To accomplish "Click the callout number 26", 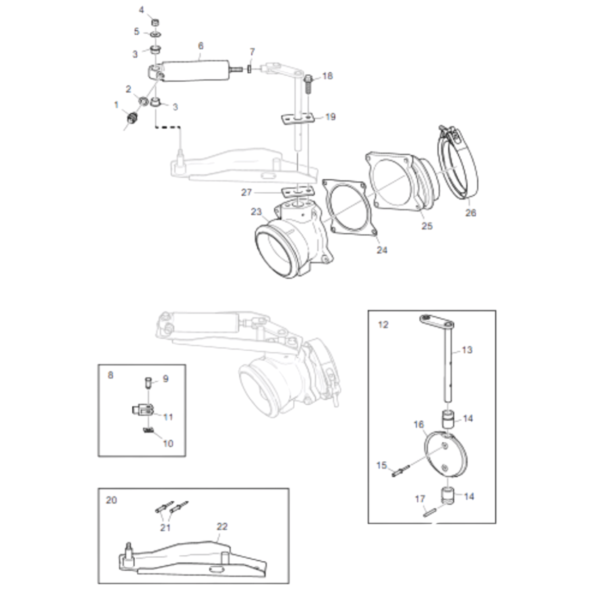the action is click(x=471, y=213).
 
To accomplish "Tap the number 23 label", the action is click(x=256, y=212).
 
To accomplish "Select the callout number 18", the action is click(x=327, y=76).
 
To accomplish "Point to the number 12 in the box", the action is click(x=383, y=325).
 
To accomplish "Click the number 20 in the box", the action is click(x=111, y=500).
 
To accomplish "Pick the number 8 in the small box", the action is click(x=110, y=375).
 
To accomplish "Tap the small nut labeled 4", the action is click(x=155, y=22).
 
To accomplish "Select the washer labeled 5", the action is click(x=155, y=34).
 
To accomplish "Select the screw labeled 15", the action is click(x=400, y=471).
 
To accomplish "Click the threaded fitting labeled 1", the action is click(x=133, y=118).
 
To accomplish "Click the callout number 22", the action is click(x=222, y=526).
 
